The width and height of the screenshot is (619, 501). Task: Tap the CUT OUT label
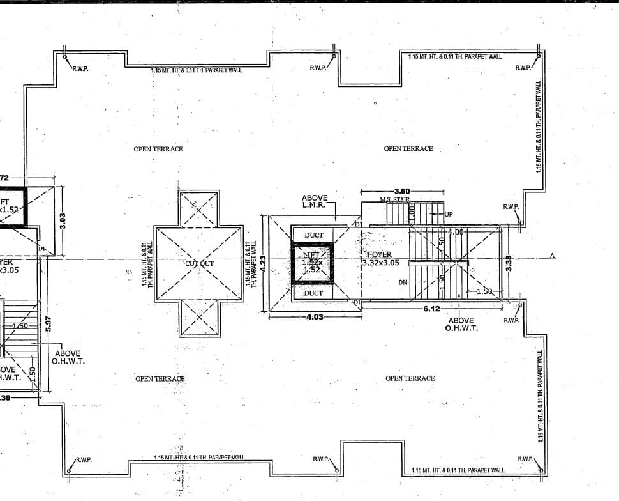click(200, 263)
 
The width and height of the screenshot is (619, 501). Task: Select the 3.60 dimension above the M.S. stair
click(402, 191)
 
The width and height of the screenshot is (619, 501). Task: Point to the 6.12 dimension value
click(432, 309)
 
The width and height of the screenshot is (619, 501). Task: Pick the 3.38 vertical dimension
click(509, 263)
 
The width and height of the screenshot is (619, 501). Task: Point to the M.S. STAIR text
click(394, 200)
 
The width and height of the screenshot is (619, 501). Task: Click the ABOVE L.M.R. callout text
click(314, 201)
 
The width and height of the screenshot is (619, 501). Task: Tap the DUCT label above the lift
click(313, 235)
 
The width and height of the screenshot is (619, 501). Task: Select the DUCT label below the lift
click(313, 293)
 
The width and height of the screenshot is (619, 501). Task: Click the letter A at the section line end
click(554, 256)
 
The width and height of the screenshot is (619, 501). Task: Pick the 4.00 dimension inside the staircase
click(455, 231)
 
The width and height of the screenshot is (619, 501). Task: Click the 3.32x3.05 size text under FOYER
click(380, 263)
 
